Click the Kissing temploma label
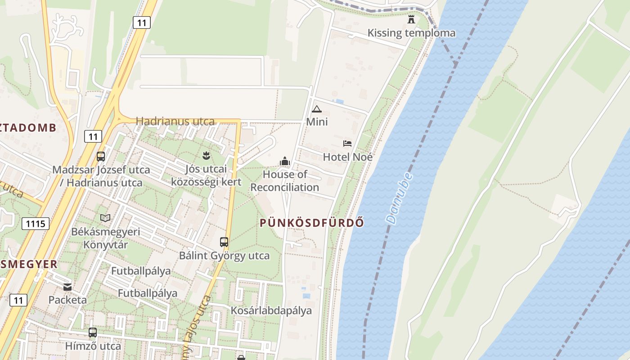coord(411,33)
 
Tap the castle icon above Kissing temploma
coord(411,19)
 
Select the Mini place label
coord(317,121)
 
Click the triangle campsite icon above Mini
coord(317,109)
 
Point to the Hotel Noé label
coord(348,157)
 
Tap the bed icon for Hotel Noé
coord(347,144)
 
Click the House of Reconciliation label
coord(284,180)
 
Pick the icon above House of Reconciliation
coord(284,161)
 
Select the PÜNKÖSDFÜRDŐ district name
coord(312,222)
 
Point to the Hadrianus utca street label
coord(175,121)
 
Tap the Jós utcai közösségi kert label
coord(206,175)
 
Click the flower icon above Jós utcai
coord(206,156)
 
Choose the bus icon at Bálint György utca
coord(224,242)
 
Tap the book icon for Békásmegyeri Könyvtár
coord(105,218)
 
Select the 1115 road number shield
coord(35,223)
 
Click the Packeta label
coord(67,300)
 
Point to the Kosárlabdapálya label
coord(271,310)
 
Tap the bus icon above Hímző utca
coord(93,333)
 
